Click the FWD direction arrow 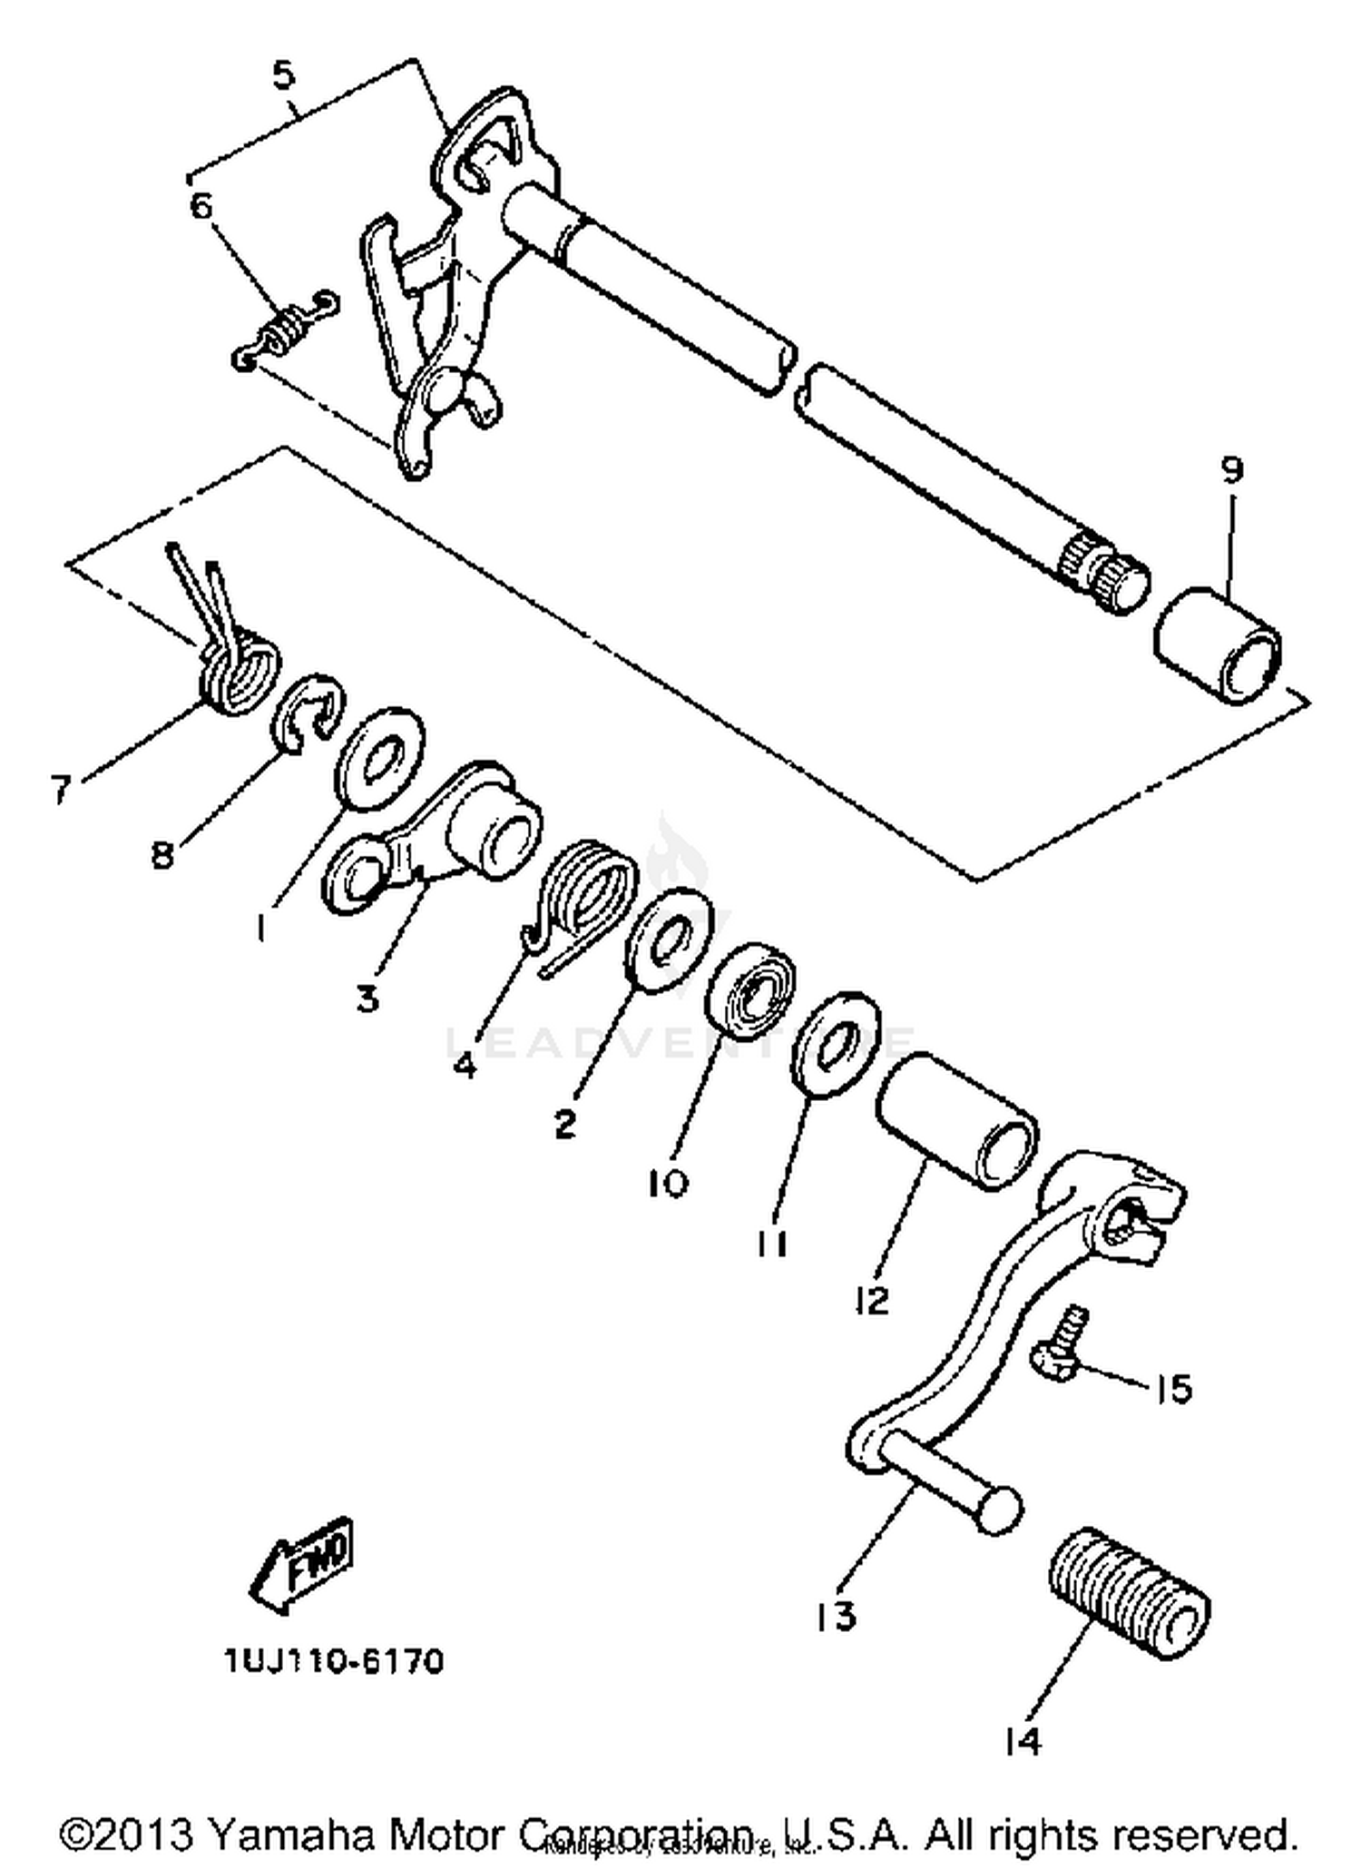(302, 1565)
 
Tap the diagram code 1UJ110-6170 (334, 1661)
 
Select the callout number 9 (1230, 470)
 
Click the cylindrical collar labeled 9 (1218, 645)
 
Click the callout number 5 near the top (284, 75)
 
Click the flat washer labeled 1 (379, 758)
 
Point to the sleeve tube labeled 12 (956, 1120)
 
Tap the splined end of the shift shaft (1102, 568)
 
